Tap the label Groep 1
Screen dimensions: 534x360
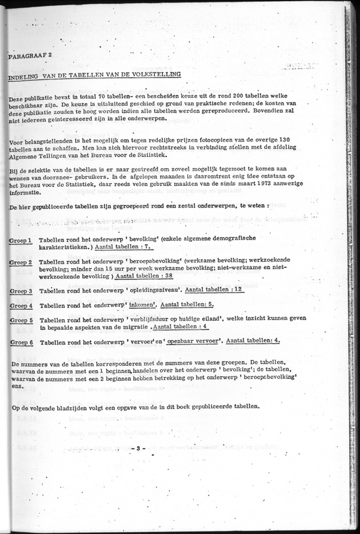21,241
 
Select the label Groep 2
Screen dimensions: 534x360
21,262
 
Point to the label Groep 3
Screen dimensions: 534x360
21,291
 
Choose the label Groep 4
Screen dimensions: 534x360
21,306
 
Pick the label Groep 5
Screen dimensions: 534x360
21,321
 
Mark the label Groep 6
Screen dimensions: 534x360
21,342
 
